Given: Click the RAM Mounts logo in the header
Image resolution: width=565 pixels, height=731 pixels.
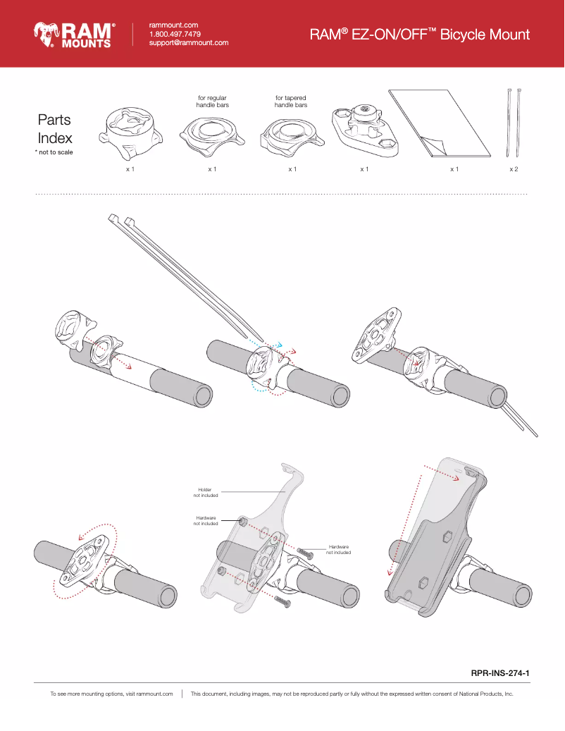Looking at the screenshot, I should (73, 34).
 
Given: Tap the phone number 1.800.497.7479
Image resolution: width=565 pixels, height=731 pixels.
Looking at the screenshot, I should (175, 34).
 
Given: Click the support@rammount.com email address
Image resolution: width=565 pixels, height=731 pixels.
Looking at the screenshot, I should (189, 43).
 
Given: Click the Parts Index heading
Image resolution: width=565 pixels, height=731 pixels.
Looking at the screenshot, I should (54, 128).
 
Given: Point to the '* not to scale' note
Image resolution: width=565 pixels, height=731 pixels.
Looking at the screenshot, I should (54, 152).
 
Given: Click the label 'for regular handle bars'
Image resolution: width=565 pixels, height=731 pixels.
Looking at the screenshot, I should (211, 101).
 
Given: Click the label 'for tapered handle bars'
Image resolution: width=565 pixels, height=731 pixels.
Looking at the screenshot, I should (291, 101).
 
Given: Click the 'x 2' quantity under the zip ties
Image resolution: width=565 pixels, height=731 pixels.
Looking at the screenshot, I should (514, 170).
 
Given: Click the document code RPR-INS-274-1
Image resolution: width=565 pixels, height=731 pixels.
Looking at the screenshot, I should (499, 673).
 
